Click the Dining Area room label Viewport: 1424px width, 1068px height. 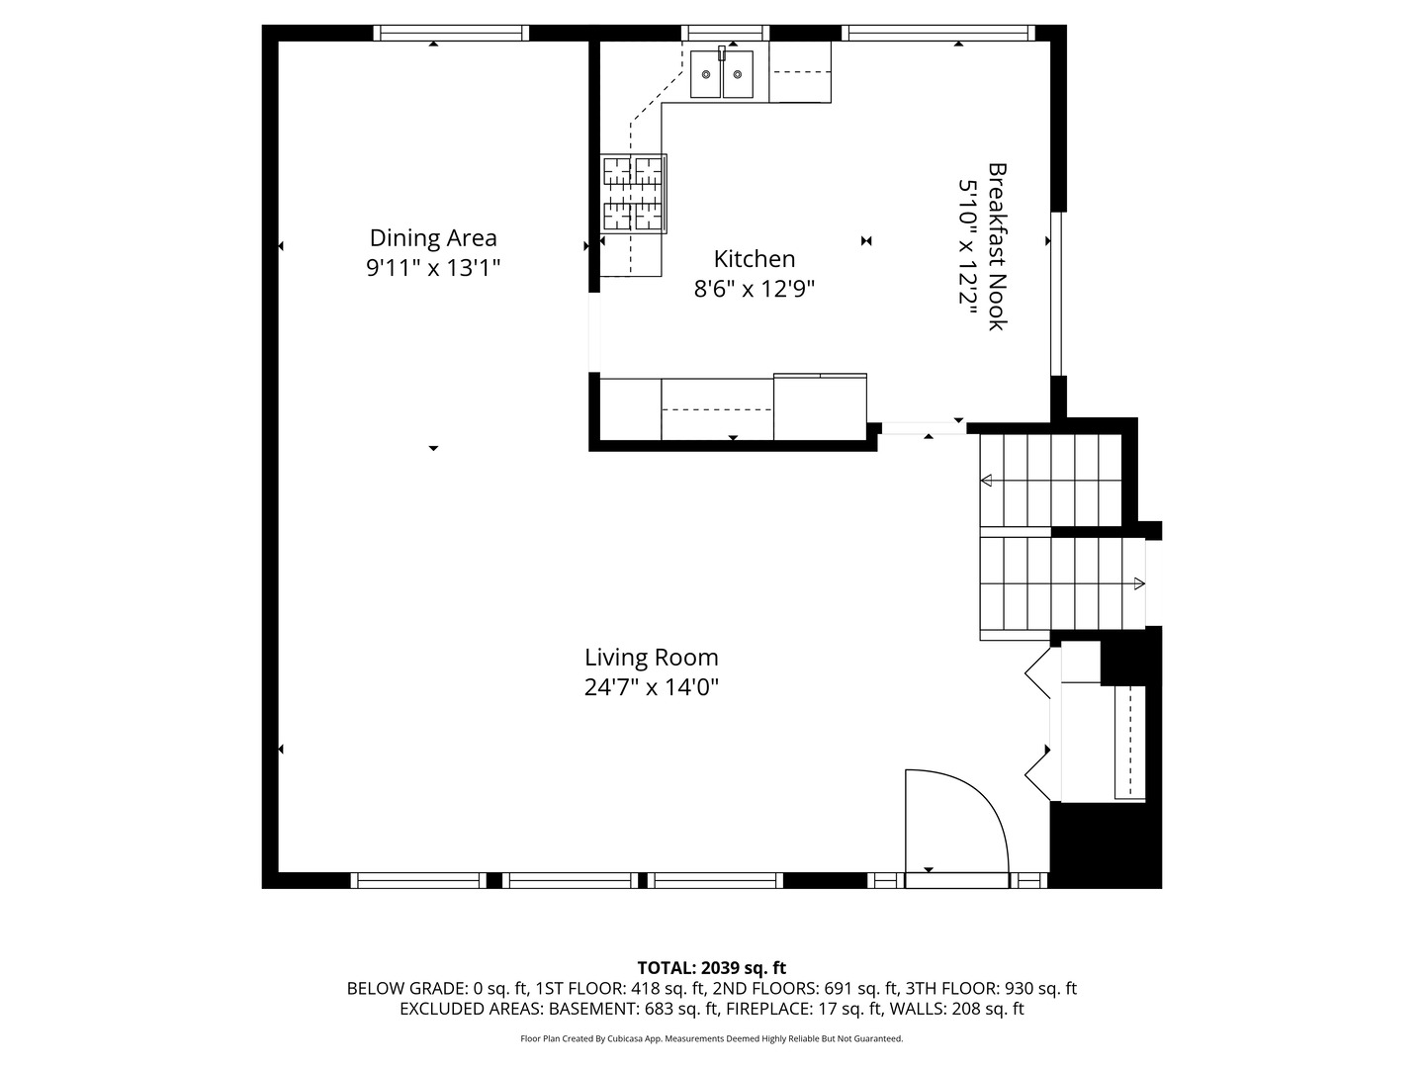[433, 238]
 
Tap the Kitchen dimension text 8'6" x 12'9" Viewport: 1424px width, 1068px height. [755, 289]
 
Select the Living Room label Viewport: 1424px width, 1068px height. [651, 658]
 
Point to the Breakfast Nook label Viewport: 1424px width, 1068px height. [997, 247]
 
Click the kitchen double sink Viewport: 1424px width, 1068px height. [722, 74]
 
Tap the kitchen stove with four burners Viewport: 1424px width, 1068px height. [633, 194]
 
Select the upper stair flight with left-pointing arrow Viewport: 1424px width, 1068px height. [1050, 481]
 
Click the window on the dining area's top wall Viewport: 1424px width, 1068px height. [452, 33]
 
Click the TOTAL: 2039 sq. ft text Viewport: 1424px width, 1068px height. [711, 968]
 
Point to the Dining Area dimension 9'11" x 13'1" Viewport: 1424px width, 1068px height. [433, 268]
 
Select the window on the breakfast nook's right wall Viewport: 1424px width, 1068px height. [1057, 294]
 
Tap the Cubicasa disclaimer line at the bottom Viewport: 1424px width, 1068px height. [711, 1039]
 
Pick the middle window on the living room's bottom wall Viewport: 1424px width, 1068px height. [571, 880]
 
